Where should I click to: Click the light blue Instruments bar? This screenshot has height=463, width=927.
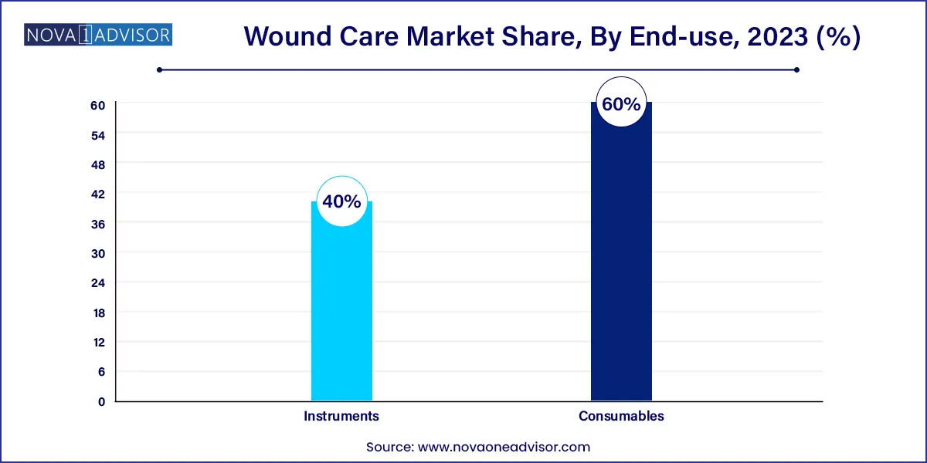point(341,309)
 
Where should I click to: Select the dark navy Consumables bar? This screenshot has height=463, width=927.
point(621,262)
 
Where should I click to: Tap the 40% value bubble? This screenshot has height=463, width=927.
point(341,202)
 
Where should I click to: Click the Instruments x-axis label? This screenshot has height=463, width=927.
point(341,416)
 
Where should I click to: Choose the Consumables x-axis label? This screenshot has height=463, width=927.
point(621,416)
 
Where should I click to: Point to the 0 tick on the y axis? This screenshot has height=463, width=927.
point(100,401)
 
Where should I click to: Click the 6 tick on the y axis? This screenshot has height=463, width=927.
point(100,372)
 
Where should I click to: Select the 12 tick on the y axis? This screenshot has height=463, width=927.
point(98,342)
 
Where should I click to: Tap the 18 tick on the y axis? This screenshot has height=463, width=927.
point(98,313)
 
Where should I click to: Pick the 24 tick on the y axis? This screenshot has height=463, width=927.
point(98,282)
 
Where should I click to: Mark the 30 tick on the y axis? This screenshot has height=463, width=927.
point(98,253)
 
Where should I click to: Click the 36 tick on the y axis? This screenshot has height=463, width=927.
point(98,224)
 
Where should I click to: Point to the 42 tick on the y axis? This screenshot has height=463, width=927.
point(98,194)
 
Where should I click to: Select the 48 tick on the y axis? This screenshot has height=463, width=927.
point(98,164)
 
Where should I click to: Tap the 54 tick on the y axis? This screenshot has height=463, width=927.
point(98,134)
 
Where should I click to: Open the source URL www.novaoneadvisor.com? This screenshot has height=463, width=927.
point(504,447)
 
